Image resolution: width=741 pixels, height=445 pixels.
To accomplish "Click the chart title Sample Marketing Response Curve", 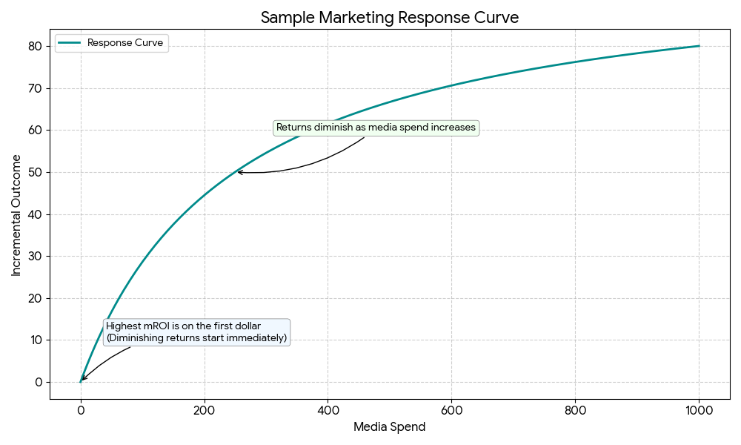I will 389,18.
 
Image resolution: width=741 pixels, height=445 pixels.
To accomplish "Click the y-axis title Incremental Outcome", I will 16,215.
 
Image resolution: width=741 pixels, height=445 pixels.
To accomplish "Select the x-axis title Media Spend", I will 389,427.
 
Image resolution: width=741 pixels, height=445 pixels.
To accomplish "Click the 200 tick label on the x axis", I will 204,408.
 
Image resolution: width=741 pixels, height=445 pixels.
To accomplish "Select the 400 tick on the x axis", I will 328,408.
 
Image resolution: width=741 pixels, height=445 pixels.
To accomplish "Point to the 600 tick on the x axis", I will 451,408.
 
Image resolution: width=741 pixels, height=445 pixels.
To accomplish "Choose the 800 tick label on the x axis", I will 575,408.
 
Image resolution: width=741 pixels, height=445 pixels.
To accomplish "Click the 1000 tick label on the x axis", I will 699,408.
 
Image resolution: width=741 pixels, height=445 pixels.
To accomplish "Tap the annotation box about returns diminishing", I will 376,128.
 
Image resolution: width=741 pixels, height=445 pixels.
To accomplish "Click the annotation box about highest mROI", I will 196,332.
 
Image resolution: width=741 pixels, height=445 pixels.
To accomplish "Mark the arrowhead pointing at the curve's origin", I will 82,380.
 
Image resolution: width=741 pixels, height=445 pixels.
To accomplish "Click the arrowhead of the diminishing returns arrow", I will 239,172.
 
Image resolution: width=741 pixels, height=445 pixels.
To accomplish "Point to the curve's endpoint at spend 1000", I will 699,46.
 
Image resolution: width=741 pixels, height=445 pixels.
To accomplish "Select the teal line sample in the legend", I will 69,43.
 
